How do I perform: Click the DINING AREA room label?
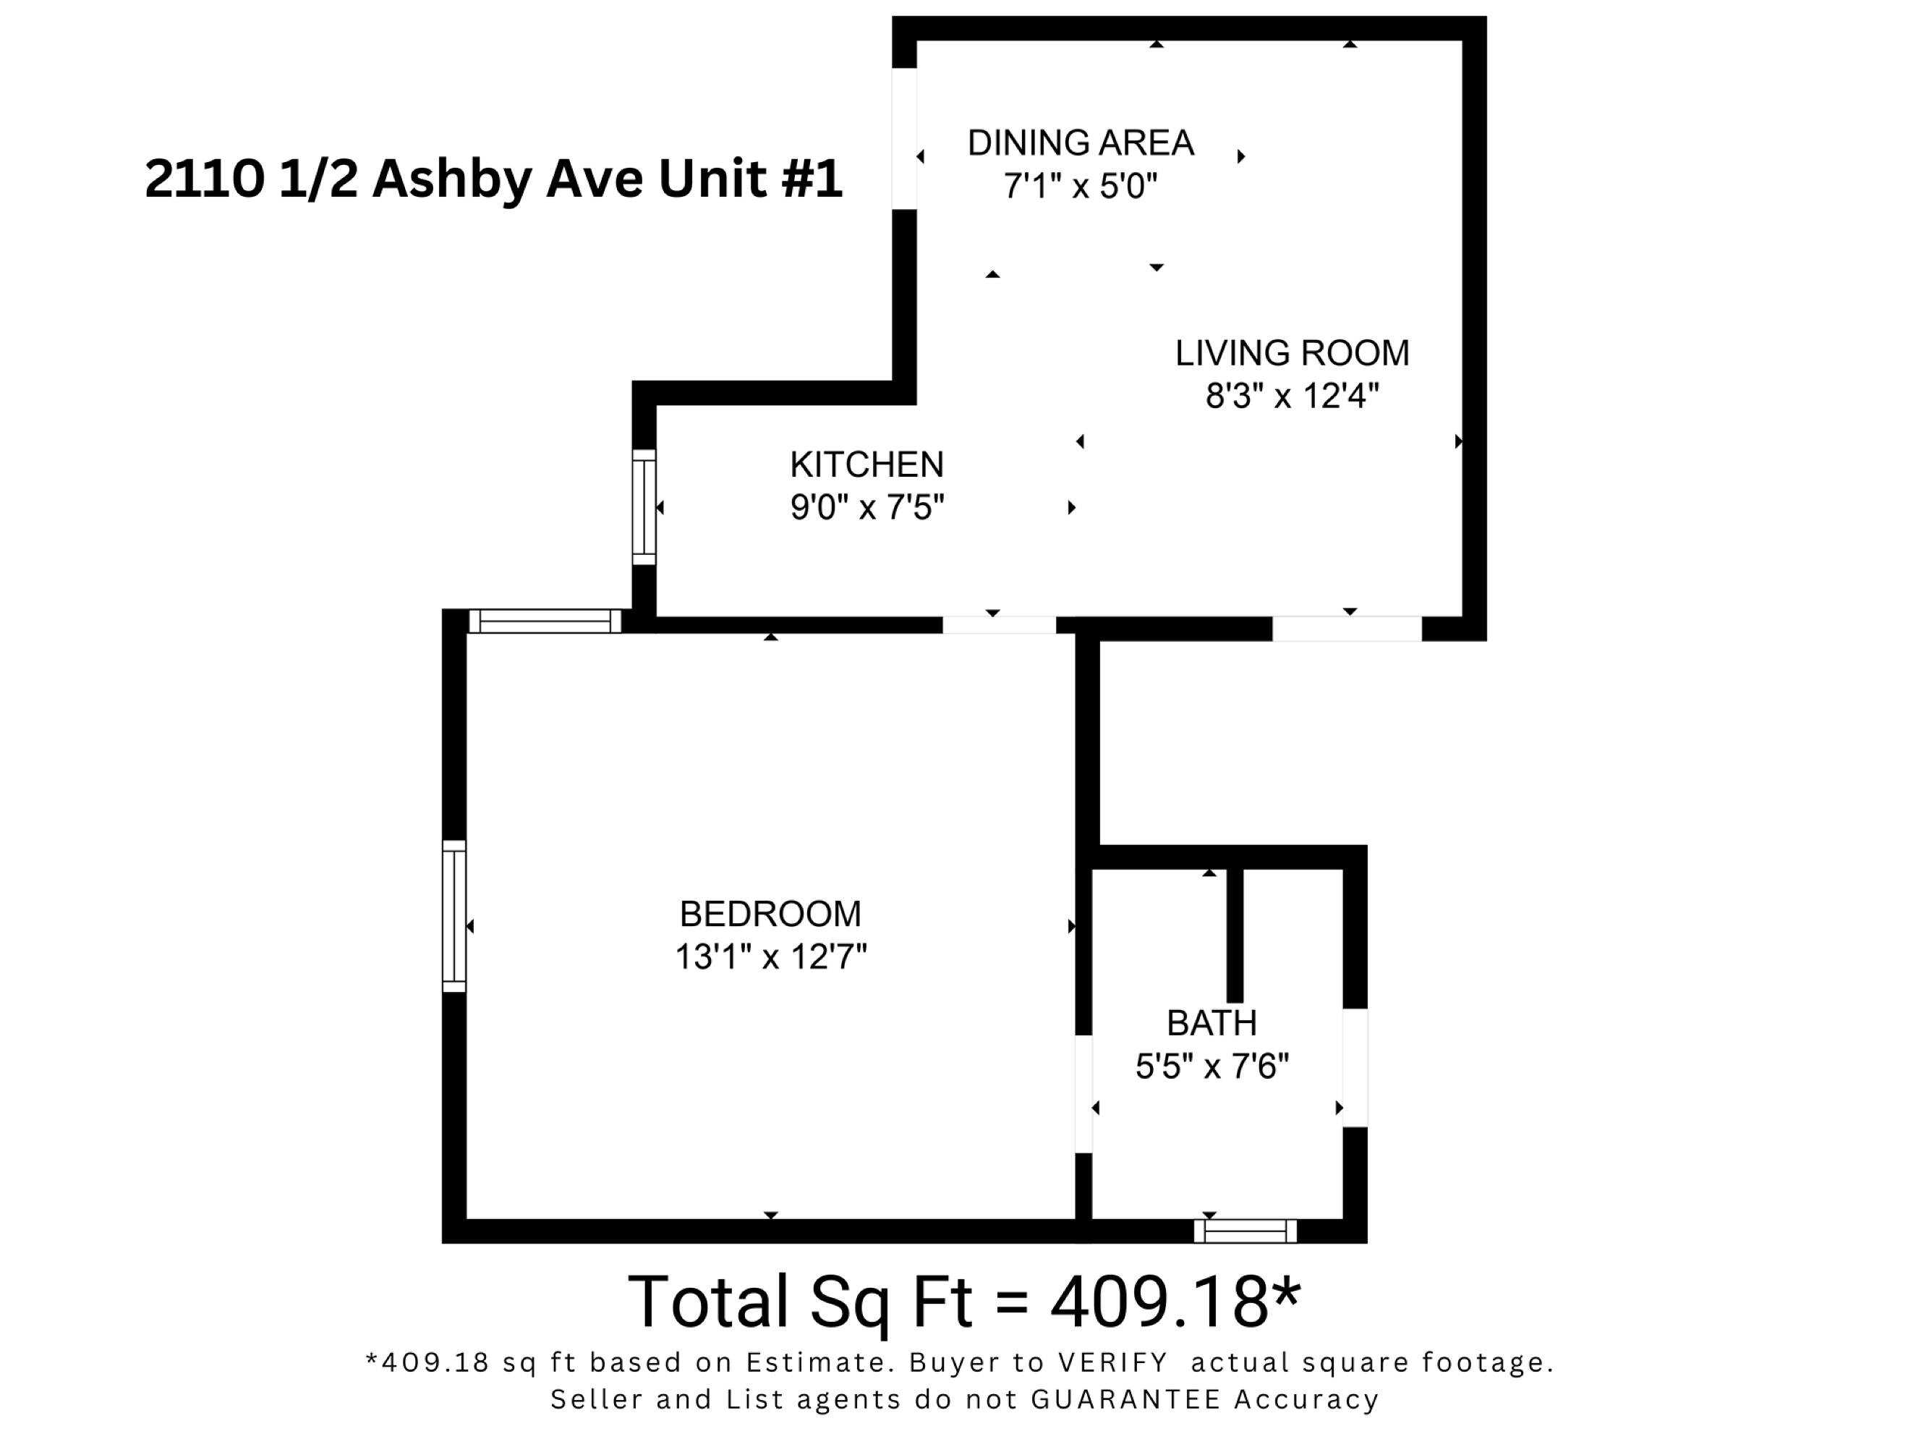(1081, 143)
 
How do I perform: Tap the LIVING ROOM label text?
(1293, 353)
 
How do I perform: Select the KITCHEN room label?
(866, 465)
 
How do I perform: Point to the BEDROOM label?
(770, 914)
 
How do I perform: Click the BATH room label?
(1212, 1022)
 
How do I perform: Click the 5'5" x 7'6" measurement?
(1212, 1066)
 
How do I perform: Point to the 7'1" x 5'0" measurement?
(1081, 186)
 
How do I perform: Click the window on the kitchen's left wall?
(644, 506)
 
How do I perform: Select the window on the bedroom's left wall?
(453, 916)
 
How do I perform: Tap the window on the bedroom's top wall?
(545, 621)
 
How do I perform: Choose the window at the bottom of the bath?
(1245, 1231)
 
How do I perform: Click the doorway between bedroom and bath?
(1083, 1094)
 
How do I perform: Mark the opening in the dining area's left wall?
(904, 139)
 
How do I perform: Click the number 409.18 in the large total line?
(1160, 1302)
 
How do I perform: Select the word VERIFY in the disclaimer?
(1112, 1362)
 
